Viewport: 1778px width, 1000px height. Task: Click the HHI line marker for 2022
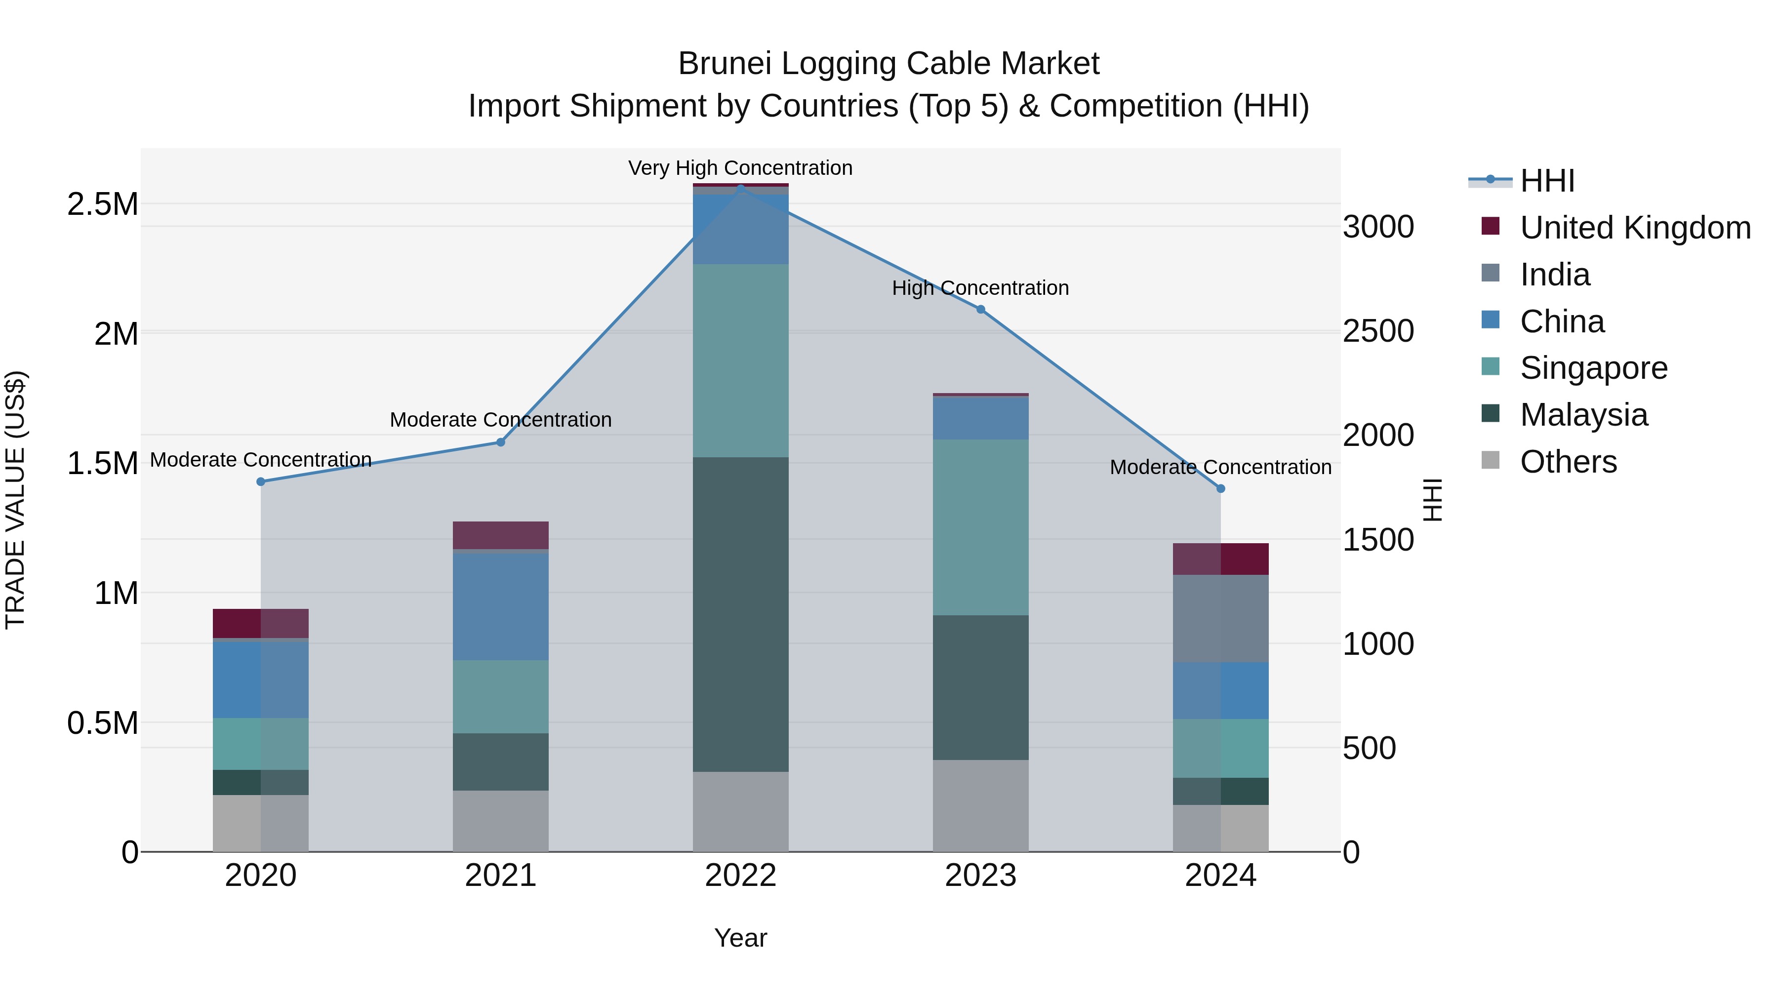[x=741, y=189]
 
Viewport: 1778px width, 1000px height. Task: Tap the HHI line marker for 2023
[x=981, y=309]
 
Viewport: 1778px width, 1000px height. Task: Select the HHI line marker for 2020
[x=261, y=481]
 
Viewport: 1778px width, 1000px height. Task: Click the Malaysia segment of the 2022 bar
[x=741, y=614]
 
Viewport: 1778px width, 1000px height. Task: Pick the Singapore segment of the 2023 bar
[x=981, y=527]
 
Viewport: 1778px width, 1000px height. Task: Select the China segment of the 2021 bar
[x=500, y=606]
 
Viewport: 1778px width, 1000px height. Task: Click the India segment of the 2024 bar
[x=1220, y=618]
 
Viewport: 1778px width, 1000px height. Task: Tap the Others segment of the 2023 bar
[x=981, y=805]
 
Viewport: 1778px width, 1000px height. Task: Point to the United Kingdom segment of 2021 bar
[x=500, y=535]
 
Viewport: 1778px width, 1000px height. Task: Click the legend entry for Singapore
[x=1593, y=368]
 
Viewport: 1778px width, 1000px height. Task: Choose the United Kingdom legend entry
[x=1634, y=228]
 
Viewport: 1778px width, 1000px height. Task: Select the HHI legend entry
[x=1547, y=181]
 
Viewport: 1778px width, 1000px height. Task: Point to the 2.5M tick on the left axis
[x=102, y=204]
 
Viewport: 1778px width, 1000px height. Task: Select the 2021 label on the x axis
[x=500, y=876]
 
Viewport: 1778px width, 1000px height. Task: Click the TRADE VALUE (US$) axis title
[x=15, y=500]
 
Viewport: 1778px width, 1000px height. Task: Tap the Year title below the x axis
[x=741, y=938]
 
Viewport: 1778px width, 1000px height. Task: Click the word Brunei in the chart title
[x=724, y=64]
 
